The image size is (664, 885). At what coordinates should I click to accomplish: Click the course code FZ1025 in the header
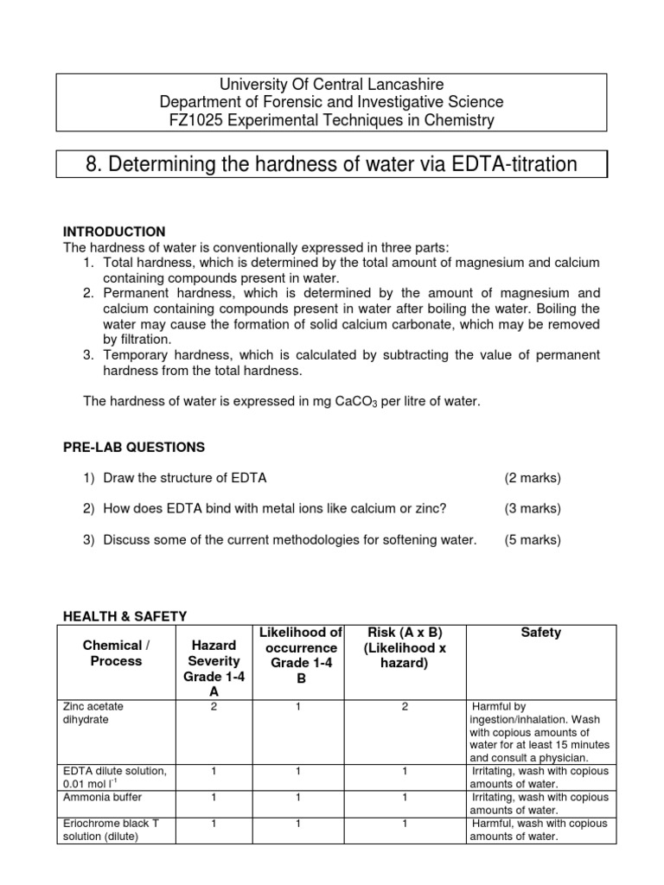pos(195,121)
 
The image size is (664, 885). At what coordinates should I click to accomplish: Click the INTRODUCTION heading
pos(114,232)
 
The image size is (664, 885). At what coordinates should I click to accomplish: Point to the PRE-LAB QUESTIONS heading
pos(134,447)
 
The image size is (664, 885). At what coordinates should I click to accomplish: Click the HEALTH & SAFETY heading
pos(125,615)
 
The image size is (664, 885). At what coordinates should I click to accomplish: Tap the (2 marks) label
pos(533,478)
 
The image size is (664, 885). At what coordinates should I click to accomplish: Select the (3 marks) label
pos(533,509)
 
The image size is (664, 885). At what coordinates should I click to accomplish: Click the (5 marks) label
pos(533,540)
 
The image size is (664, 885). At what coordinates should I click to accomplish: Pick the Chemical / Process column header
pos(112,653)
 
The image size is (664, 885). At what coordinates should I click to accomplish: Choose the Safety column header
pos(540,633)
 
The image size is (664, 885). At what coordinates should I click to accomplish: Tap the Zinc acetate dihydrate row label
pos(93,712)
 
